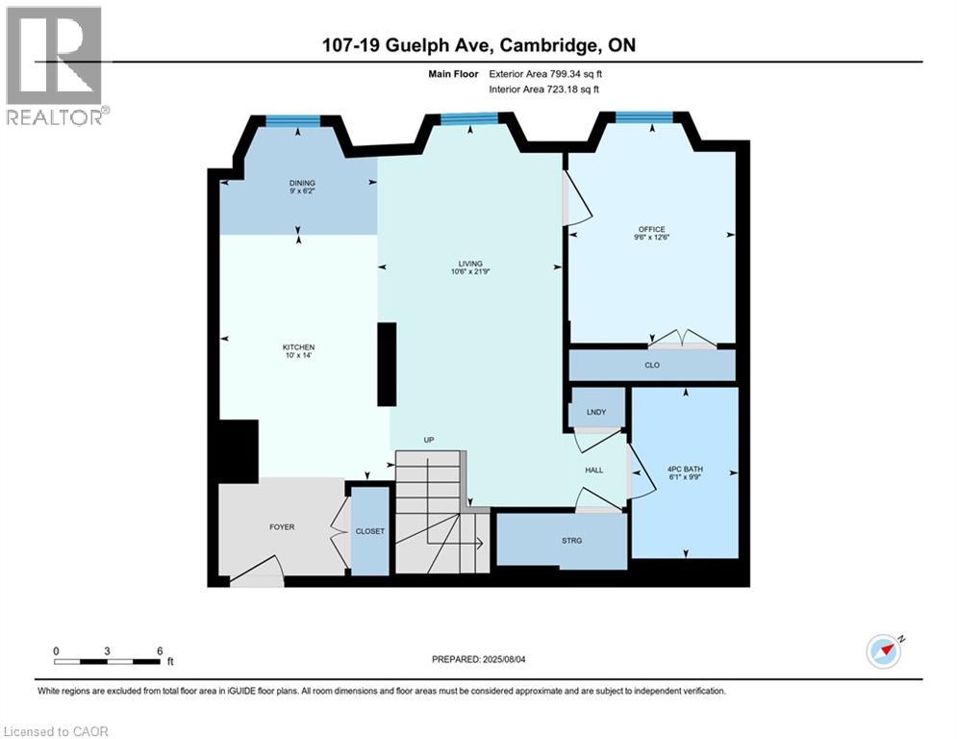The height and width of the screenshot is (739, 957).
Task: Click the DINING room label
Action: coord(302,183)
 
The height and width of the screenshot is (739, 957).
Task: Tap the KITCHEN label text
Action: coord(298,347)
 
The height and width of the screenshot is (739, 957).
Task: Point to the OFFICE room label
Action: coord(650,229)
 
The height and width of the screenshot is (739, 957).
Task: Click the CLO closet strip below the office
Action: coord(651,366)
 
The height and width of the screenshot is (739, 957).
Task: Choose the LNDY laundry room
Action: coord(596,412)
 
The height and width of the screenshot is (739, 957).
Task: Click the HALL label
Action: coord(594,470)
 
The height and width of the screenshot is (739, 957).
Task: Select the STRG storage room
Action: coord(572,540)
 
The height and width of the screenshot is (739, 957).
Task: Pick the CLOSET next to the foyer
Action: coord(369,530)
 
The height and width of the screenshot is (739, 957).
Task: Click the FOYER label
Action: coord(281,526)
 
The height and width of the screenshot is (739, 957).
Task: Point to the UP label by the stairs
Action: coord(429,440)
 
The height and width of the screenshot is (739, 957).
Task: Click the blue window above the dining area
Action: coord(292,120)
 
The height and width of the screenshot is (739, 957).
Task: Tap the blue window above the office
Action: coord(643,117)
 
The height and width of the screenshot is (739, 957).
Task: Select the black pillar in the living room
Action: coord(387,365)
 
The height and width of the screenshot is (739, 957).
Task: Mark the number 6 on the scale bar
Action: coord(159,650)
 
